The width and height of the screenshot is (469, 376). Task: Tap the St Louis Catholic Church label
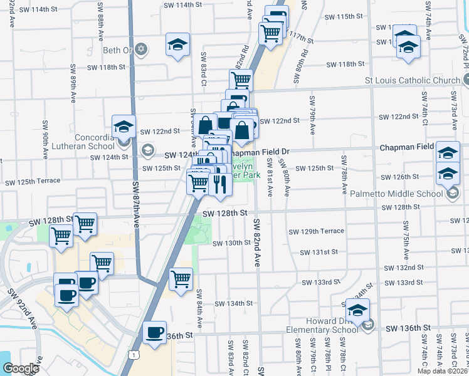(x=412, y=80)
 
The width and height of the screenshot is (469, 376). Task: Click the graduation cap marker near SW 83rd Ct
(x=178, y=45)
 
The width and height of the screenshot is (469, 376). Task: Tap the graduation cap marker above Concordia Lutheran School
(x=124, y=127)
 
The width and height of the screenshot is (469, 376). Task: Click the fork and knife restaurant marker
(x=219, y=184)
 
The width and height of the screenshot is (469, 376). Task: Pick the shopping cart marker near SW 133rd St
(x=181, y=279)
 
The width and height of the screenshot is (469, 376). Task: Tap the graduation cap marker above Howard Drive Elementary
(x=358, y=310)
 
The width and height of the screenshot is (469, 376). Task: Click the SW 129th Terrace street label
(x=316, y=231)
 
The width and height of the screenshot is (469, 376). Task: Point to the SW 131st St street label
(x=319, y=252)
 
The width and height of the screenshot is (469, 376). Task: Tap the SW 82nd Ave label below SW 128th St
(x=256, y=243)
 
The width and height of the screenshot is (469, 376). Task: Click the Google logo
(x=21, y=368)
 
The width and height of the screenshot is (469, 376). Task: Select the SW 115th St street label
(x=354, y=16)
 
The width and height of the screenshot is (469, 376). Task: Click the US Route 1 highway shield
(x=133, y=355)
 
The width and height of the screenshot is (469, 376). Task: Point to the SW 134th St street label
(x=233, y=303)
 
